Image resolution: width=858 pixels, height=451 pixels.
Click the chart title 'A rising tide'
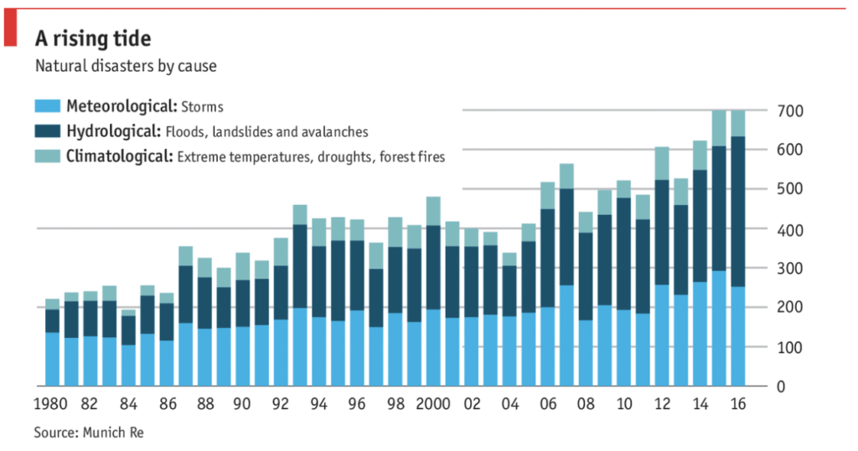point(93,38)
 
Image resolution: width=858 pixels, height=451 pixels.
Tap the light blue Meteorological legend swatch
point(47,106)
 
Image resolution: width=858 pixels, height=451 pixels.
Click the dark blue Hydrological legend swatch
point(47,131)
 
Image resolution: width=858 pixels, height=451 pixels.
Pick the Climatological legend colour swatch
point(47,156)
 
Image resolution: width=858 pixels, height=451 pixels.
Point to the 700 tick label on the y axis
point(790,111)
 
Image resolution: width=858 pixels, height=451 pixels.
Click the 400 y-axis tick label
point(790,229)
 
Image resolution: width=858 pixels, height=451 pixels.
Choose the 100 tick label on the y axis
point(790,347)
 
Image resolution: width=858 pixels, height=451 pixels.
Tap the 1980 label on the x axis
point(52,404)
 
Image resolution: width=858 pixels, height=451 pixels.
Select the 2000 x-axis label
point(433,404)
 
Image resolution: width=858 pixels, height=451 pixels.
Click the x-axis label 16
point(738,404)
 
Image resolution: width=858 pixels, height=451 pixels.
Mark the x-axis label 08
point(586,404)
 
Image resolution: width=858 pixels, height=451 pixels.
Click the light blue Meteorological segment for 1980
point(52,359)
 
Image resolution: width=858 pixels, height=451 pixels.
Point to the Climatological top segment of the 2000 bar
point(433,211)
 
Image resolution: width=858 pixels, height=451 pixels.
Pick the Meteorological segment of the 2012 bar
point(662,336)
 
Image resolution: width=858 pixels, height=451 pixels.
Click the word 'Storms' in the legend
point(203,107)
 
